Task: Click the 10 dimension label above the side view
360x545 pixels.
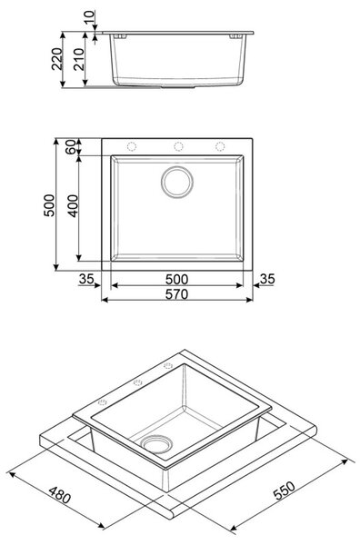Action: pyautogui.click(x=89, y=16)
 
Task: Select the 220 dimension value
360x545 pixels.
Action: pyautogui.click(x=57, y=59)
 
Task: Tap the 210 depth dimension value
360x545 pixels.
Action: pyautogui.click(x=79, y=59)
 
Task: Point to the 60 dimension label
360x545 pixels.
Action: pyautogui.click(x=70, y=146)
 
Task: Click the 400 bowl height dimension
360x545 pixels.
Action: pyautogui.click(x=73, y=206)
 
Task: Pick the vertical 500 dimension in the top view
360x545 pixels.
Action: pyautogui.click(x=49, y=205)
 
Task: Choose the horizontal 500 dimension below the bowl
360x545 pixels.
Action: pyautogui.click(x=176, y=279)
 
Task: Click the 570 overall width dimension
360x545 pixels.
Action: pyautogui.click(x=176, y=294)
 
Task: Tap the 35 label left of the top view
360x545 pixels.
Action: pyautogui.click(x=86, y=279)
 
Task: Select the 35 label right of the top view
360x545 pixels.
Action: pyautogui.click(x=268, y=279)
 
